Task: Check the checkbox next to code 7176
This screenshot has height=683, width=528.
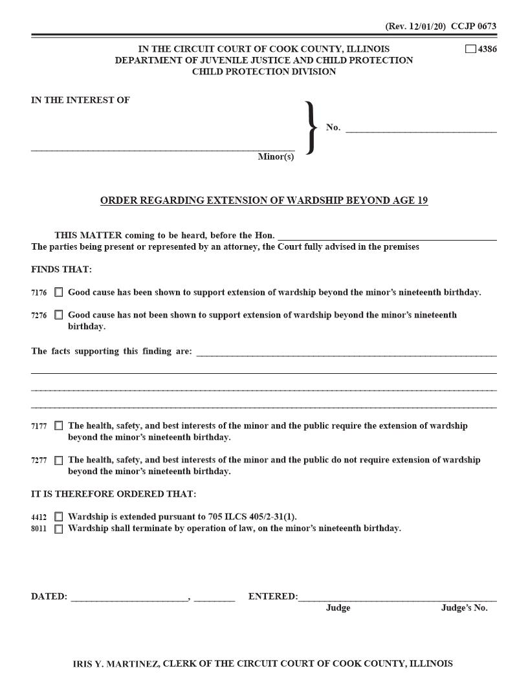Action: tap(59, 292)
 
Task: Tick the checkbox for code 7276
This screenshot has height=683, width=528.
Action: tap(59, 315)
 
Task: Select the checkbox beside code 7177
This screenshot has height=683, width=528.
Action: tap(59, 426)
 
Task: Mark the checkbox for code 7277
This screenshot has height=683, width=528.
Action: tap(59, 461)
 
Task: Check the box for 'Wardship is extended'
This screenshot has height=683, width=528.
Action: tap(59, 517)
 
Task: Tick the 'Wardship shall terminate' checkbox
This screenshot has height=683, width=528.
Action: tap(59, 528)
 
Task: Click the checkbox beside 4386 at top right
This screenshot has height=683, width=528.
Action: tap(470, 49)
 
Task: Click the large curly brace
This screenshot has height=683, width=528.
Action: tap(311, 127)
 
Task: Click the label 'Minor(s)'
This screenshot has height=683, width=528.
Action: tap(276, 157)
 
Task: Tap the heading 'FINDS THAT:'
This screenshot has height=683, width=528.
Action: tap(61, 269)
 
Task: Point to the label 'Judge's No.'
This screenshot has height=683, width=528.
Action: tap(464, 608)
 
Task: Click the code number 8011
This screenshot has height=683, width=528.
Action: tap(39, 528)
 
